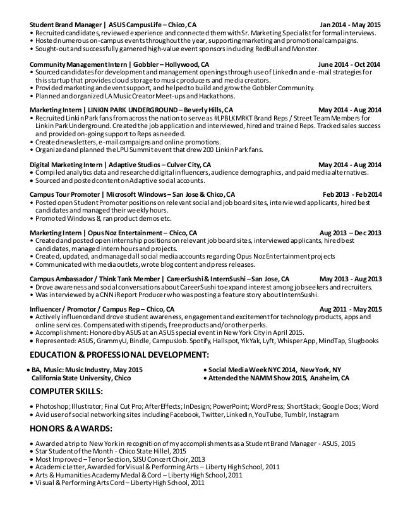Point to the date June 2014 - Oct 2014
[349, 65]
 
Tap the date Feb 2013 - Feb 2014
[352, 195]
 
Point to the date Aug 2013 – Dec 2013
[351, 233]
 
